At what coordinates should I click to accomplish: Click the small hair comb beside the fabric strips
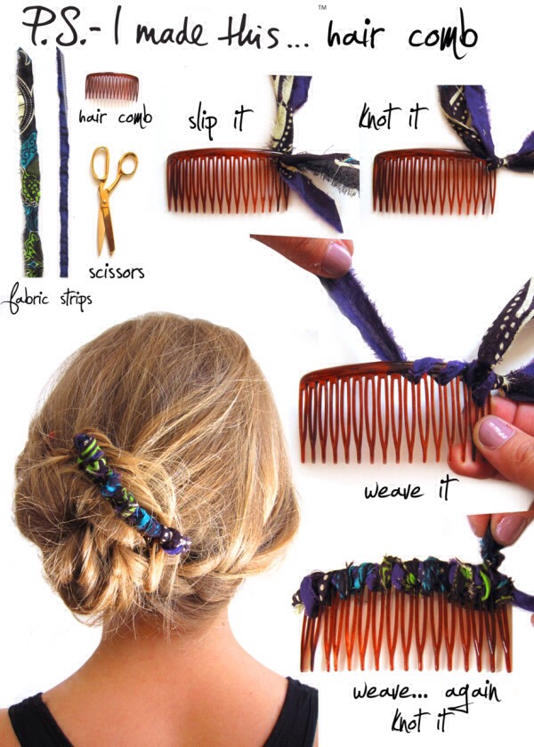pyautogui.click(x=111, y=87)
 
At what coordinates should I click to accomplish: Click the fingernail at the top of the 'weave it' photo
pyautogui.click(x=336, y=259)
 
